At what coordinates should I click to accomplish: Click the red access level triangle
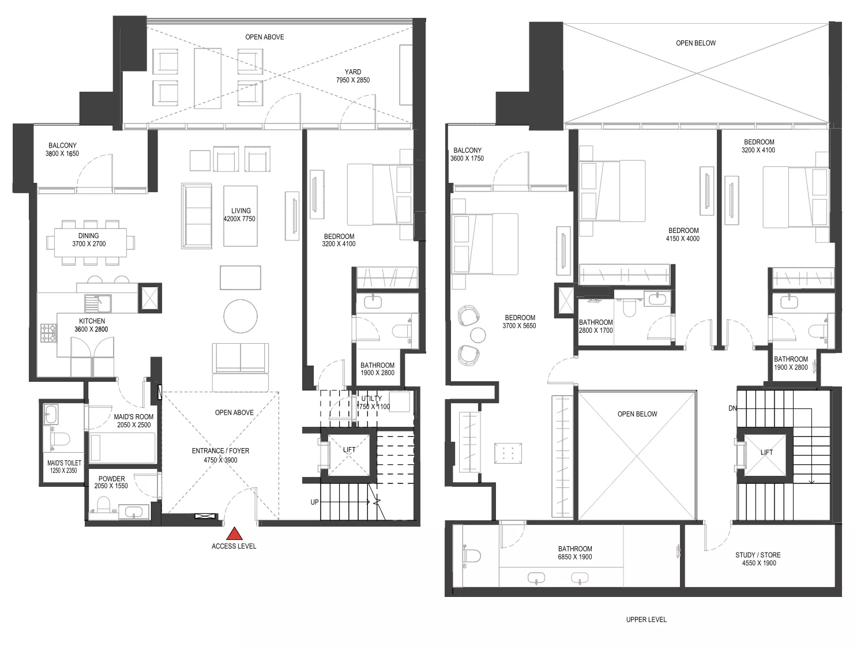click(x=234, y=533)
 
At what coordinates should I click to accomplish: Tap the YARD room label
click(x=352, y=72)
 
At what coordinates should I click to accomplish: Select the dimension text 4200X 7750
click(x=239, y=219)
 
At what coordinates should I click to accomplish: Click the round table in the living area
click(x=240, y=316)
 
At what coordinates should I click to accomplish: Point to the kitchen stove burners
click(x=48, y=333)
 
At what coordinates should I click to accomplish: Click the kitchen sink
click(x=98, y=303)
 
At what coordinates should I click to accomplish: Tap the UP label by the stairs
click(x=315, y=502)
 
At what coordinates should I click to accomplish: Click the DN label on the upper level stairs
click(x=732, y=408)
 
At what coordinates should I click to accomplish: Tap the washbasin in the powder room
click(x=134, y=512)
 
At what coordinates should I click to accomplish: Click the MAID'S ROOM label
click(x=134, y=416)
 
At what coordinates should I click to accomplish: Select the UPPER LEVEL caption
click(x=646, y=619)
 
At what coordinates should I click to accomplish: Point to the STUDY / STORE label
click(x=758, y=555)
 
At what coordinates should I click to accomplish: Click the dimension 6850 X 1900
click(x=575, y=557)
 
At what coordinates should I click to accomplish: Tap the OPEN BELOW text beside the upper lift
click(x=637, y=414)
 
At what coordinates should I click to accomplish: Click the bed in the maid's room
click(x=122, y=448)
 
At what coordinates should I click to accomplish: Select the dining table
click(x=90, y=242)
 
